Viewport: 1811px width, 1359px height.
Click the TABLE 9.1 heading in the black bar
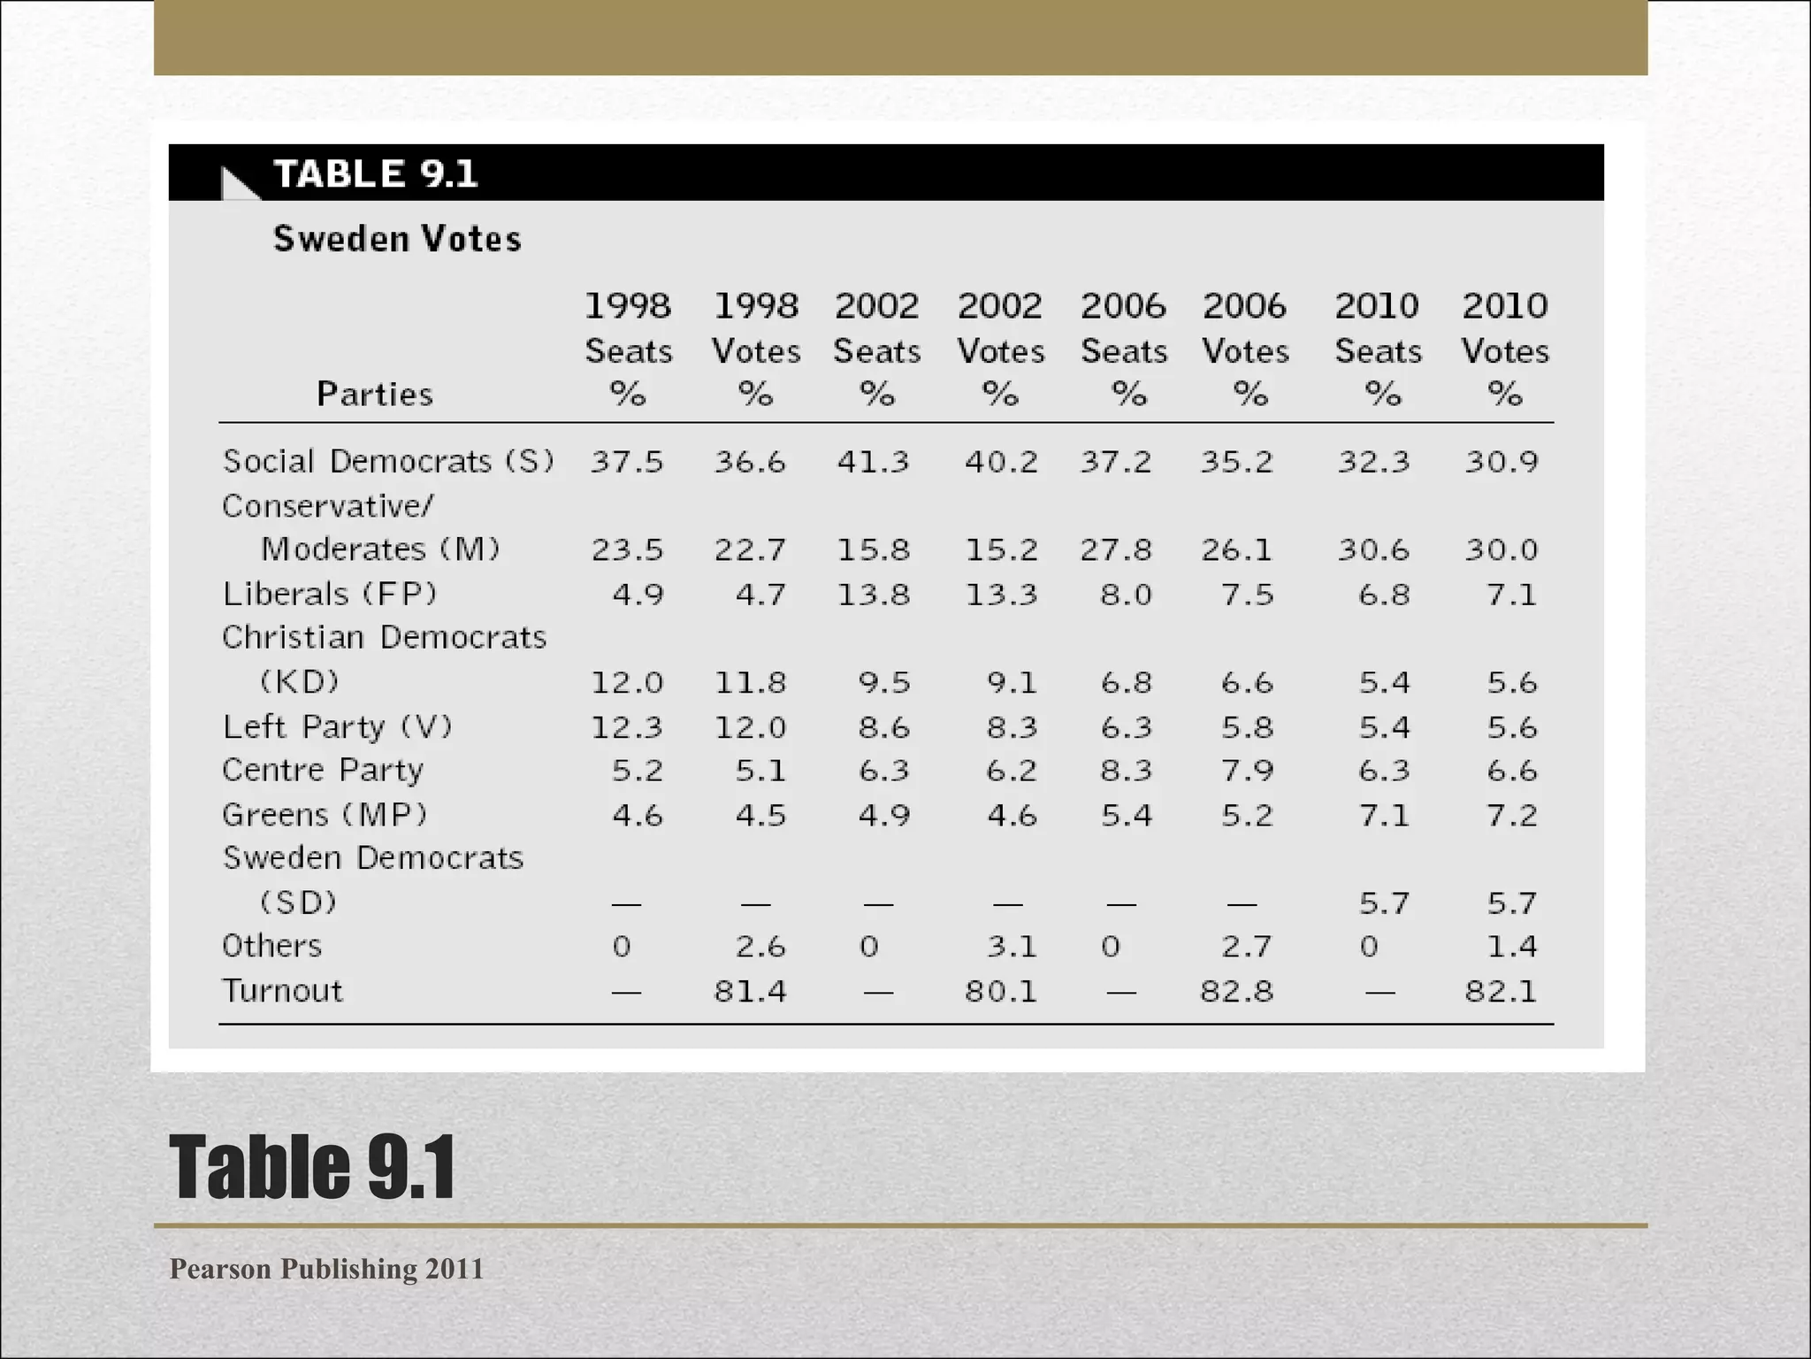375,173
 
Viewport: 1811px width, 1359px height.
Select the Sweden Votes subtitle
397,239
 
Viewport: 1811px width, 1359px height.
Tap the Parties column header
375,394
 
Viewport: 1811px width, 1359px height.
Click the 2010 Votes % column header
1504,349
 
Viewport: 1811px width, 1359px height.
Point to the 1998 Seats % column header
628,349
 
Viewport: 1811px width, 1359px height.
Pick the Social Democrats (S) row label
388,461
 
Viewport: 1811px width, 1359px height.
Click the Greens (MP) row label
325,814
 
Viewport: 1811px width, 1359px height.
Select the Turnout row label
282,990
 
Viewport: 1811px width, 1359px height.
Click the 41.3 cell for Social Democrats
873,462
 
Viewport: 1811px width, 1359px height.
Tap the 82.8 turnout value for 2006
1236,991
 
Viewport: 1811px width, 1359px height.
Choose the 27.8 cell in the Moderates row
1115,549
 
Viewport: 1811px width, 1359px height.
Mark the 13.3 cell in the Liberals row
1001,594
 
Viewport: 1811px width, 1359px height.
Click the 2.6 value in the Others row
760,947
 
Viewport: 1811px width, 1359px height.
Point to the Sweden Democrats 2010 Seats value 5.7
1384,903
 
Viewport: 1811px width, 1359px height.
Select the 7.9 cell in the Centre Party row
1247,771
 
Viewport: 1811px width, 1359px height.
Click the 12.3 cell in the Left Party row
626,727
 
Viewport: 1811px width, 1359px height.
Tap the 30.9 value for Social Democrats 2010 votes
1502,462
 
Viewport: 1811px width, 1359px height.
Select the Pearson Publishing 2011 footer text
326,1269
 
